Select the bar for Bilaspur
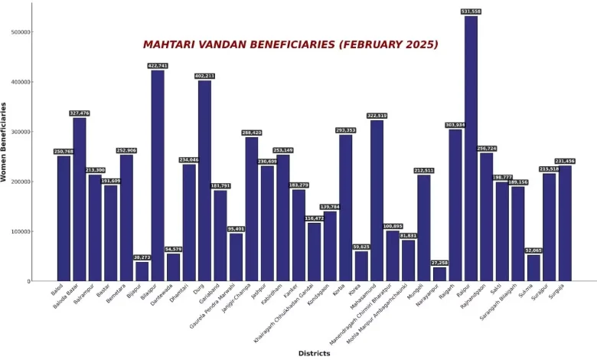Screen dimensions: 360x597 158,176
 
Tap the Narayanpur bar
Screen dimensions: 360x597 439,273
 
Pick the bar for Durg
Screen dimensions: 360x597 204,181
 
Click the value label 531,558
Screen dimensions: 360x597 471,11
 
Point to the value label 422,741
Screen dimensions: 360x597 158,66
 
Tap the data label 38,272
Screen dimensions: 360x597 142,257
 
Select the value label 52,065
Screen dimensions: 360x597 533,250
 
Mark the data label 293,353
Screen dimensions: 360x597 345,130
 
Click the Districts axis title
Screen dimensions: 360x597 314,353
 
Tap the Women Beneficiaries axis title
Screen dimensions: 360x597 5,142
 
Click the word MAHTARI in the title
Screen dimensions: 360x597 171,44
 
